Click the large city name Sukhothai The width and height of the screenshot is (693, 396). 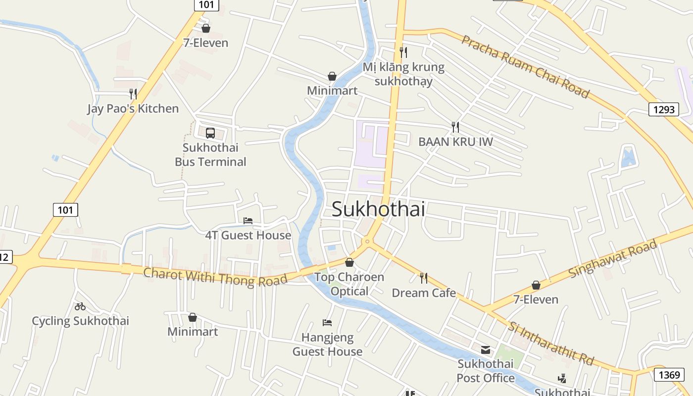pyautogui.click(x=378, y=209)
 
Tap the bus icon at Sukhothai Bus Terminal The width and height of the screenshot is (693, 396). pyautogui.click(x=210, y=133)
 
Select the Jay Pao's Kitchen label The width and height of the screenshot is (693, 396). pyautogui.click(x=133, y=108)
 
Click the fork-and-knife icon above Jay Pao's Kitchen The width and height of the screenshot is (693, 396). pyautogui.click(x=133, y=94)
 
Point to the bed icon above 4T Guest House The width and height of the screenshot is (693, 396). pyautogui.click(x=248, y=220)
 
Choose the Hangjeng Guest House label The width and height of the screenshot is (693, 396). pyautogui.click(x=328, y=345)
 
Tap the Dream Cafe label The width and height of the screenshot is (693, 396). pyautogui.click(x=424, y=293)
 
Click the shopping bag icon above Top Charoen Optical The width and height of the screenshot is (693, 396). pyautogui.click(x=349, y=262)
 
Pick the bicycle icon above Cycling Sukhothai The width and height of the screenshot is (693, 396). pyautogui.click(x=80, y=306)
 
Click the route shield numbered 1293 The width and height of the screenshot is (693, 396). pyautogui.click(x=663, y=109)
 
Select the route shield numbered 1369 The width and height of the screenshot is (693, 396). pyautogui.click(x=669, y=375)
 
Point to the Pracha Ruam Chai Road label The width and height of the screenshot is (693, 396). pyautogui.click(x=526, y=66)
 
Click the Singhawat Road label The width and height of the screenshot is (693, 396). pyautogui.click(x=613, y=258)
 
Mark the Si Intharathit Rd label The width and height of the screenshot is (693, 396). pyautogui.click(x=550, y=343)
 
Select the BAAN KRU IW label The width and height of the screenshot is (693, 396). pyautogui.click(x=455, y=142)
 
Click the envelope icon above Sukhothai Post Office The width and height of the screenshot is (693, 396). pyautogui.click(x=486, y=350)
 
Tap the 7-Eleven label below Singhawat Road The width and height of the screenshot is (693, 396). pyautogui.click(x=536, y=299)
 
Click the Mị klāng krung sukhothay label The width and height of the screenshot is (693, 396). pyautogui.click(x=403, y=74)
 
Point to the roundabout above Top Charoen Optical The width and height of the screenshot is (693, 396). pyautogui.click(x=367, y=242)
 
